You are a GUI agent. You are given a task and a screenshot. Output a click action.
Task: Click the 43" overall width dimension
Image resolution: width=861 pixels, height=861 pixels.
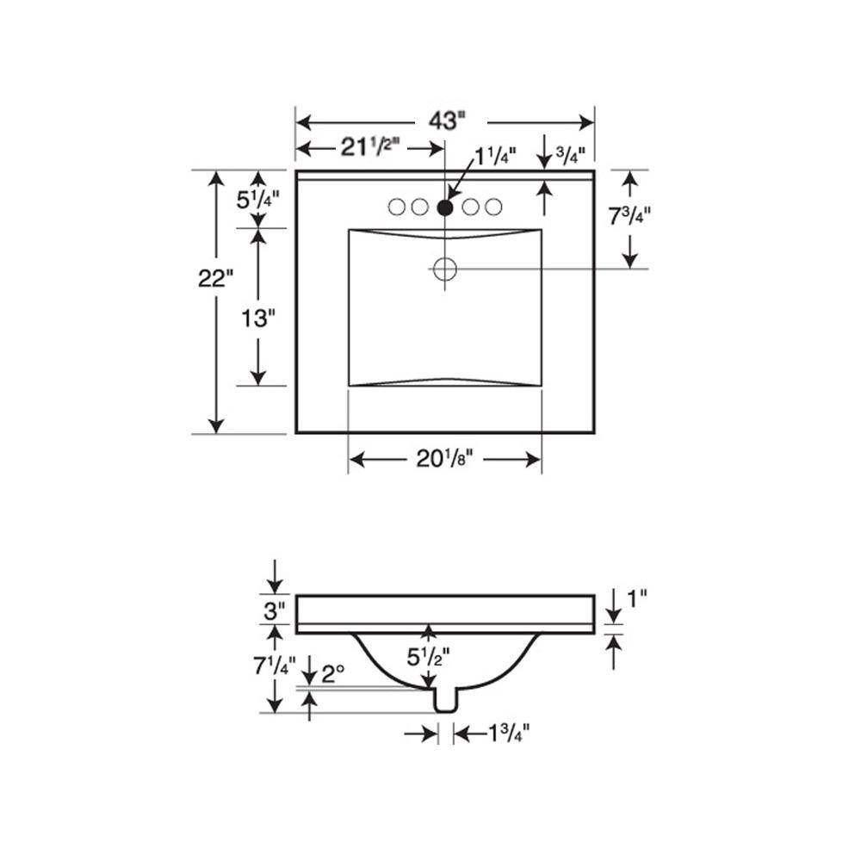click(447, 121)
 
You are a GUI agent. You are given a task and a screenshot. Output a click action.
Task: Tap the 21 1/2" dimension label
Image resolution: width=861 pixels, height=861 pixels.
click(369, 146)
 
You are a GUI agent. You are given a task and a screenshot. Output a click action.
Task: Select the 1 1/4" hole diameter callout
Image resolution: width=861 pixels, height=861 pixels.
click(495, 157)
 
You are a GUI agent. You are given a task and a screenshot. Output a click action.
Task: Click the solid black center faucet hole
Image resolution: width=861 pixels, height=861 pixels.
click(445, 208)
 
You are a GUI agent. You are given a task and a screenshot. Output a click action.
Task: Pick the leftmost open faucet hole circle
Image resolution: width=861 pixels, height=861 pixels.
click(396, 207)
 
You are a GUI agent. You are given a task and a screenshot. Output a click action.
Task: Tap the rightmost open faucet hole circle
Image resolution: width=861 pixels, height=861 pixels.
click(493, 207)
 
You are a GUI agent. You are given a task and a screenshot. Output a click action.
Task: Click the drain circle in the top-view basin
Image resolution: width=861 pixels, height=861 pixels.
click(445, 269)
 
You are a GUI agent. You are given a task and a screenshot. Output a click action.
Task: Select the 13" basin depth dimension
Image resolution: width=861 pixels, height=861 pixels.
click(258, 318)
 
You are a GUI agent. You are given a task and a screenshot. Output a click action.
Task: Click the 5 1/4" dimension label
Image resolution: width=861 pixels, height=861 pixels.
click(258, 200)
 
